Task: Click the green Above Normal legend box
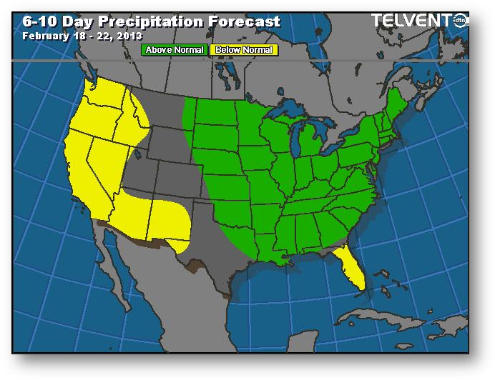[175, 50]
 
